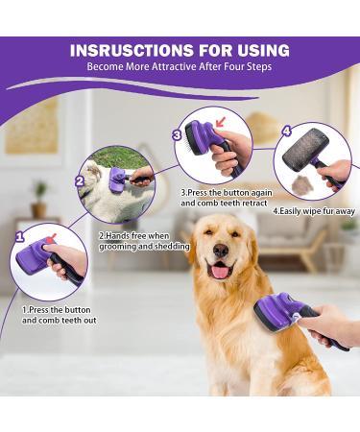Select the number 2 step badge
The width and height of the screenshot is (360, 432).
(80, 180)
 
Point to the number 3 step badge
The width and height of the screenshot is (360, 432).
(177, 135)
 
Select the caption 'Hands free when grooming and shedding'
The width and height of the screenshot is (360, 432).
(144, 241)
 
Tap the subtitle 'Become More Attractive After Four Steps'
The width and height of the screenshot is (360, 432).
(180, 67)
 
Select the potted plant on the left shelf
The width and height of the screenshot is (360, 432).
(39, 200)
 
